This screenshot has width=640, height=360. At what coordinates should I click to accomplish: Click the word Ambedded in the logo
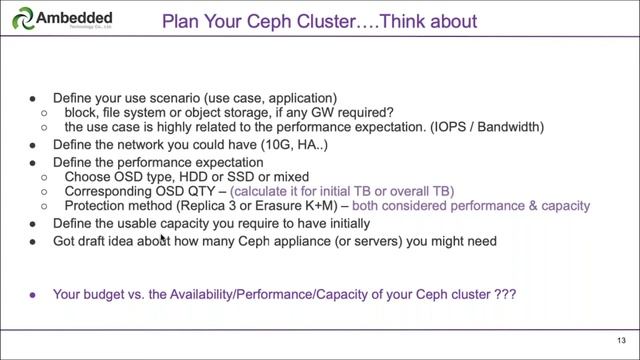click(x=73, y=17)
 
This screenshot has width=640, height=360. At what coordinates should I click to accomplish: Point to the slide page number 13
click(x=621, y=339)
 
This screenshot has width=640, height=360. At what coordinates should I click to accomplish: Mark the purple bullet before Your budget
click(x=32, y=295)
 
